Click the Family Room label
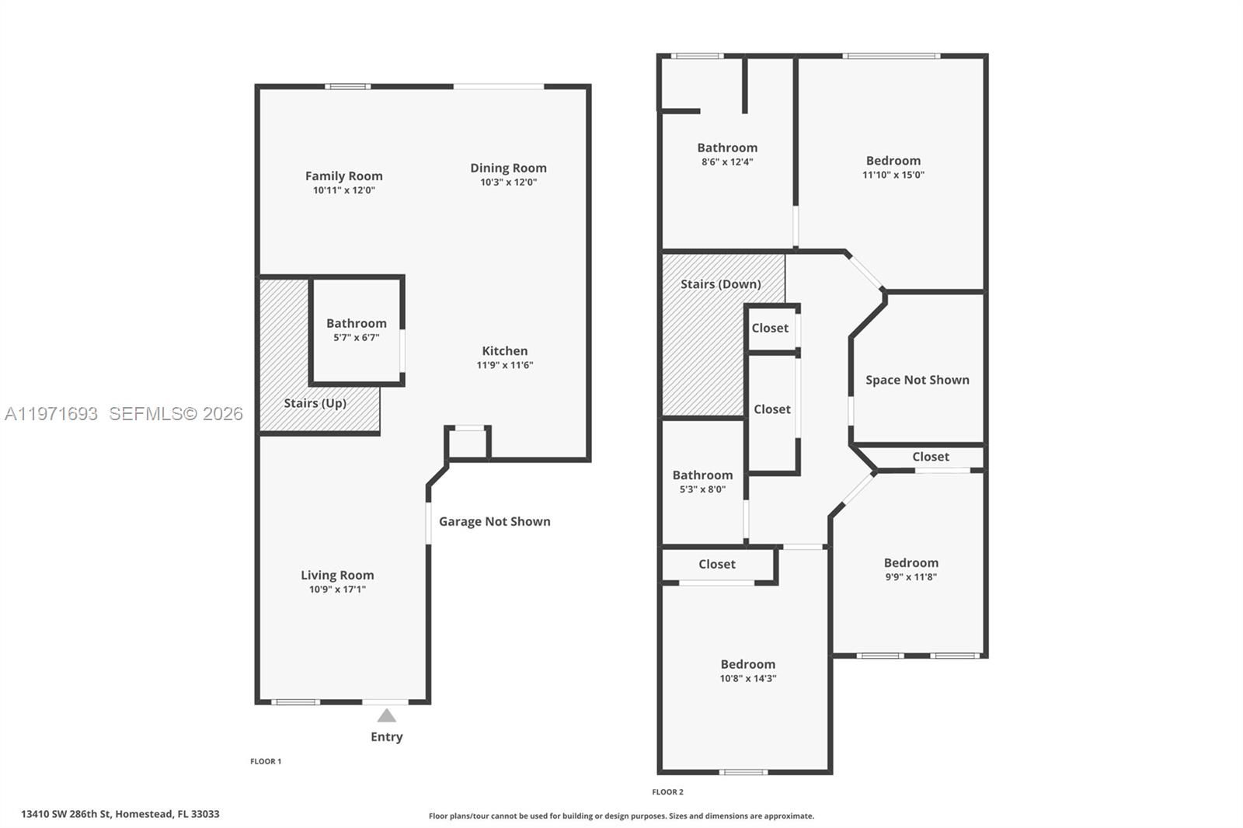(x=343, y=176)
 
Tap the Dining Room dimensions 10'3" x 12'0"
(x=508, y=183)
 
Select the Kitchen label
(x=504, y=351)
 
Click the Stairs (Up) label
(x=315, y=403)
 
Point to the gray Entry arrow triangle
(x=386, y=715)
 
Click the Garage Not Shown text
(x=494, y=522)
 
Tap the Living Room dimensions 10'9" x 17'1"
(x=337, y=590)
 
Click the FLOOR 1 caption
(x=266, y=761)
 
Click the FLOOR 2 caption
(x=667, y=792)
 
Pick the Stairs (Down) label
(x=720, y=284)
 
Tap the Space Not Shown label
(x=917, y=380)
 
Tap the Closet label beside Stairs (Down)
(x=770, y=329)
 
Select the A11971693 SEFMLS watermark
(x=124, y=414)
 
